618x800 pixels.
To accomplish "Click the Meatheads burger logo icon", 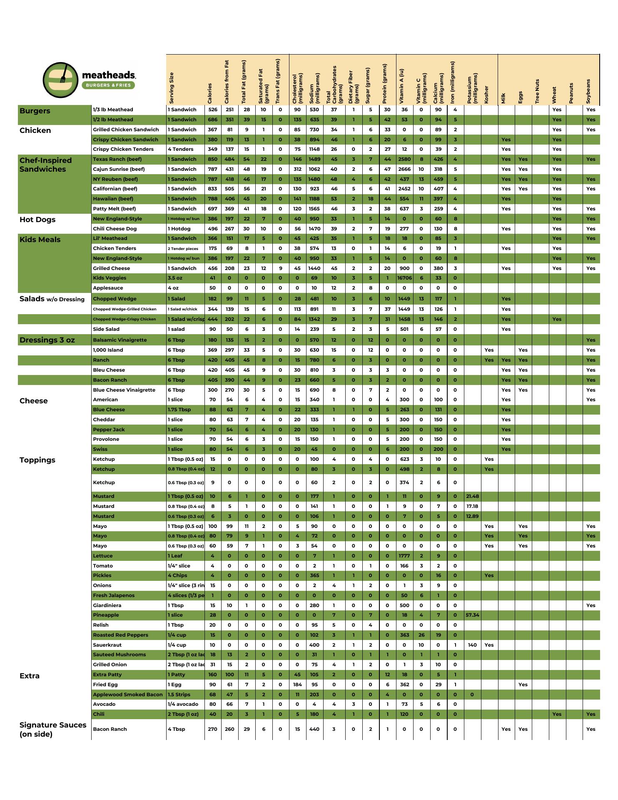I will coord(60,80).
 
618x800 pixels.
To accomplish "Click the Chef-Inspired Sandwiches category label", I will coord(45,165).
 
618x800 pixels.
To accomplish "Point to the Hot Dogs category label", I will coord(37,220).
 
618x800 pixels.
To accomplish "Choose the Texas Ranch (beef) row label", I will coord(117,159).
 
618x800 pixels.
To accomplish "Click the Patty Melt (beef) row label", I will coord(114,209).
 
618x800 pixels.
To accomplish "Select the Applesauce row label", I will coord(108,288).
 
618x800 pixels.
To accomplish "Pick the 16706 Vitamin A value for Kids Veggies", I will coord(404,278).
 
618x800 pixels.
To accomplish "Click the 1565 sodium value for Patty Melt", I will coord(314,209).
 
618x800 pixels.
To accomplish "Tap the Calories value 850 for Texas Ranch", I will coord(212,159).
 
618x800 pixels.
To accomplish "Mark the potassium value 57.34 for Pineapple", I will coord(472,615).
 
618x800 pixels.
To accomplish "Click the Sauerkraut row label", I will coord(107,645).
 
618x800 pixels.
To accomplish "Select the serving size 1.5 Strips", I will coord(179,695).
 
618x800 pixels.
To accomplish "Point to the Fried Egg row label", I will coord(105,685).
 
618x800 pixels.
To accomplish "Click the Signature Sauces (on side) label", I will coord(53,729).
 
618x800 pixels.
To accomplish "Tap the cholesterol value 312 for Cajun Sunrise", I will coord(297,169).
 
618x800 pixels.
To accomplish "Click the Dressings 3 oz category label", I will coord(47,340).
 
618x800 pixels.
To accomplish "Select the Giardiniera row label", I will coord(107,605).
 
